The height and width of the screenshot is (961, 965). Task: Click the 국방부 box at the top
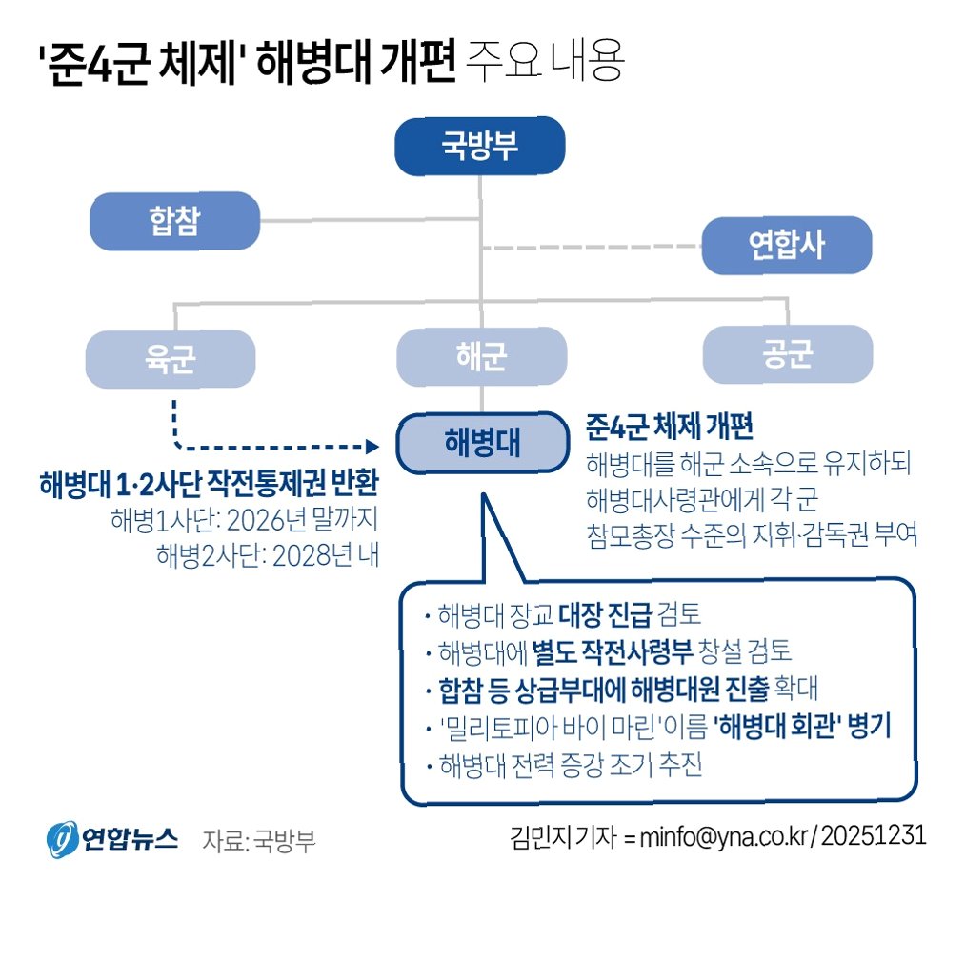479,148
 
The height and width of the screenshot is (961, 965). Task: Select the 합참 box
174,220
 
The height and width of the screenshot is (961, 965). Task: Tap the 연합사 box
787,245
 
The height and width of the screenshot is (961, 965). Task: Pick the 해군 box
480,356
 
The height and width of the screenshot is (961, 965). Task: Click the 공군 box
787,354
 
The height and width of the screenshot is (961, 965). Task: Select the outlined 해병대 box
480,443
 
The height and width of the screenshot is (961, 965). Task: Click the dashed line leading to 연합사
591,248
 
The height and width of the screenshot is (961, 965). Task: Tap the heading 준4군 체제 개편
672,426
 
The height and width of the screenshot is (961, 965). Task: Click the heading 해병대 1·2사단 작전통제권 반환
210,484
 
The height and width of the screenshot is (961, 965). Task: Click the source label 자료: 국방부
258,840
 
